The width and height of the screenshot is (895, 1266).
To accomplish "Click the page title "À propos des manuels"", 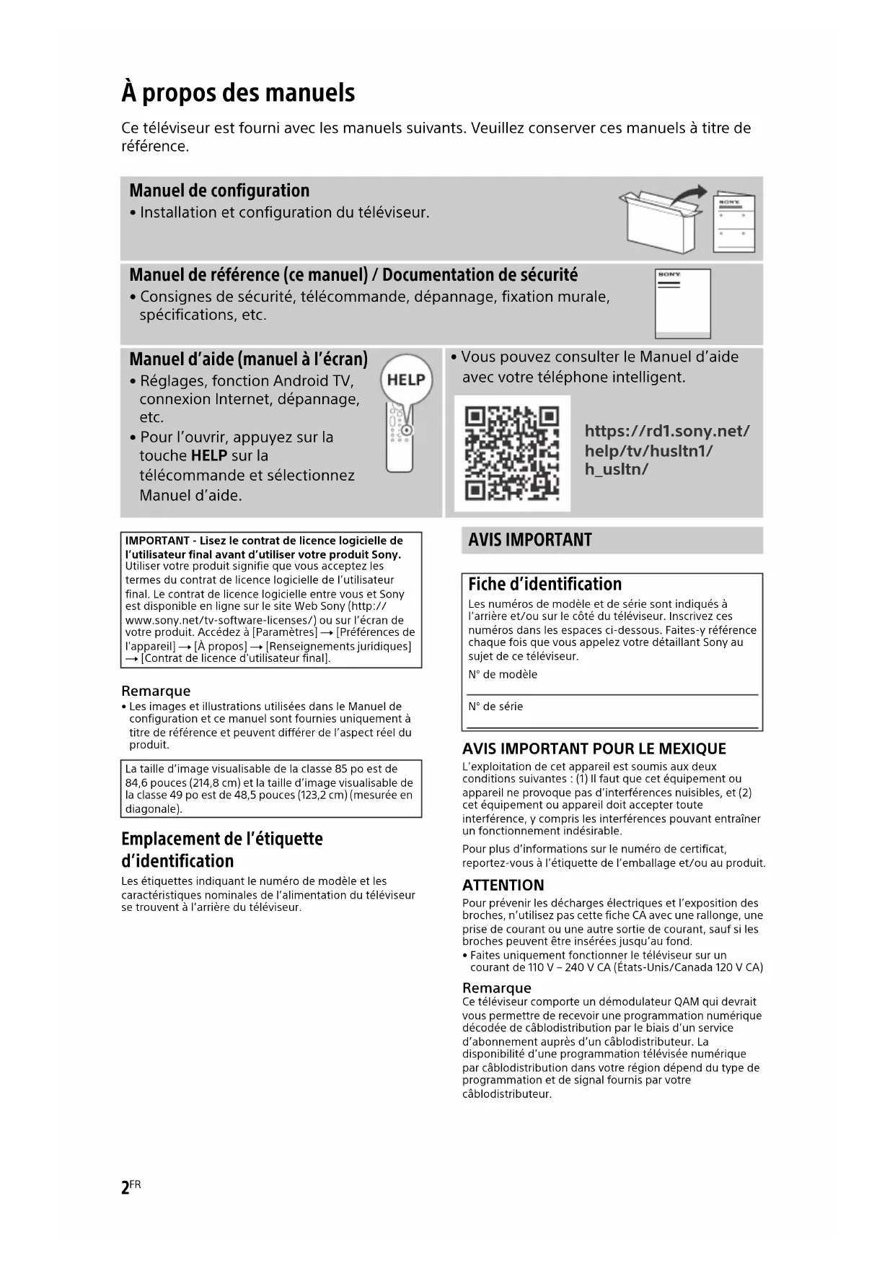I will tap(238, 92).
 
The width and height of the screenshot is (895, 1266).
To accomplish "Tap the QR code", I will tap(512, 453).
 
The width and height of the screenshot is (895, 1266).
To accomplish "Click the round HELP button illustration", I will tap(406, 380).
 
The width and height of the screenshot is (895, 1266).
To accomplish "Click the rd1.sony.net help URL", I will tap(667, 450).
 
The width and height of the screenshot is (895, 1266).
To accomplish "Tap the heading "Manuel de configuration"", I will tap(219, 191).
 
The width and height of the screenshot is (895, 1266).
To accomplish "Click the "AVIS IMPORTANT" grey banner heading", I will tap(530, 540).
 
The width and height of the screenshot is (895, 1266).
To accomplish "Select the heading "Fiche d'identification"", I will tap(545, 584).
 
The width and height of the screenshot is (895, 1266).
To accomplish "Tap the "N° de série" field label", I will tap(495, 706).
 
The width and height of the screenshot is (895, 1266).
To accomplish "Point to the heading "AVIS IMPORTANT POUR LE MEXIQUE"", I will tap(594, 748).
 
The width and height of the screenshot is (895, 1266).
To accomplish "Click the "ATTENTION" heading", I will tap(503, 885).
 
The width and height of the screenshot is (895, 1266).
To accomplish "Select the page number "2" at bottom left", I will tap(125, 1187).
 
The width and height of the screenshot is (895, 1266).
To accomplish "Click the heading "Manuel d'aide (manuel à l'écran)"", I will tap(248, 359).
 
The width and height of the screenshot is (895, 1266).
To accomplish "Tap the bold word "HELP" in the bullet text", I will tap(209, 455).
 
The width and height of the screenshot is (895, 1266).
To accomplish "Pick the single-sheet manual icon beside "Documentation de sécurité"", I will tap(682, 303).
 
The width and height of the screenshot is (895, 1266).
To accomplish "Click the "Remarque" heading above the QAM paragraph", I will tap(496, 987).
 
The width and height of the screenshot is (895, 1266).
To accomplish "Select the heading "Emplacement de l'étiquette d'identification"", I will tap(222, 850).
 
